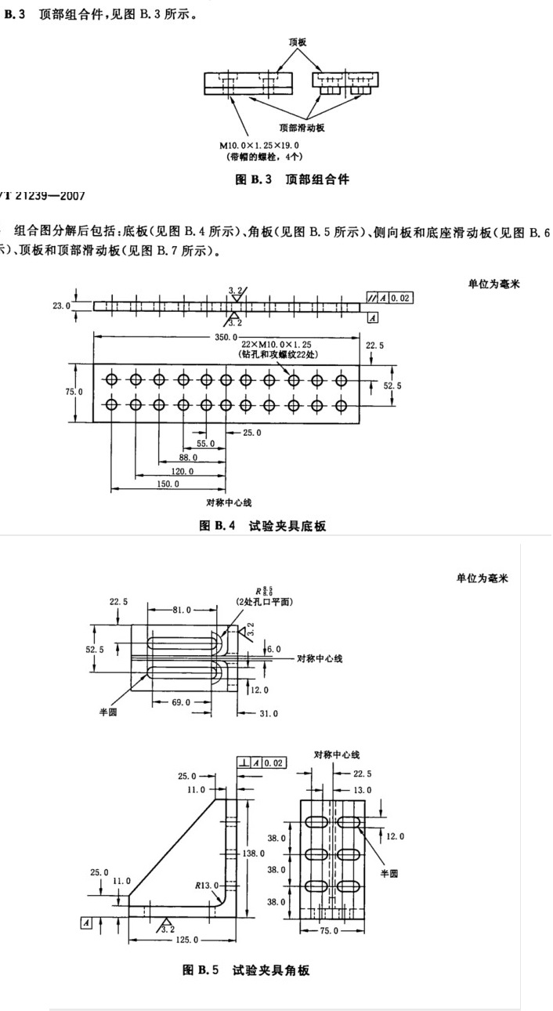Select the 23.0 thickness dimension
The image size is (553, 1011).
(x=62, y=306)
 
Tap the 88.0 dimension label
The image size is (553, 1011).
(x=189, y=457)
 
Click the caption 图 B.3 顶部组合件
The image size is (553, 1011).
(x=292, y=179)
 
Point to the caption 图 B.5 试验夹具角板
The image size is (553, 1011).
(x=246, y=970)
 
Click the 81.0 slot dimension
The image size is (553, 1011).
(x=181, y=609)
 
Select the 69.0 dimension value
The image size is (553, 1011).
(x=182, y=701)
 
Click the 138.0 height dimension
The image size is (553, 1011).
(x=256, y=853)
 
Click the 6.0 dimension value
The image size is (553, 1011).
(x=273, y=650)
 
